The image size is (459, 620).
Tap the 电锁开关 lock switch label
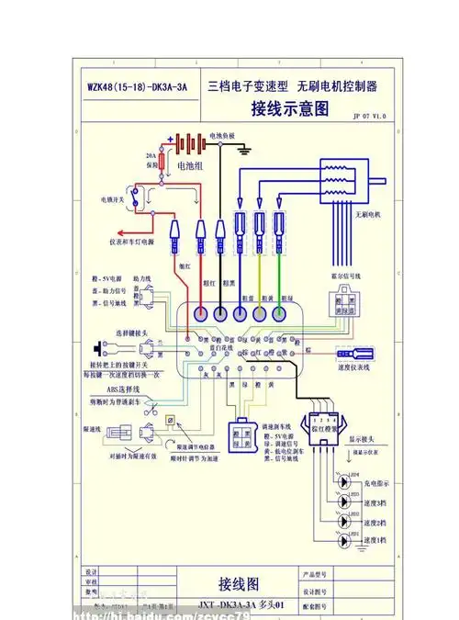click(x=115, y=197)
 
